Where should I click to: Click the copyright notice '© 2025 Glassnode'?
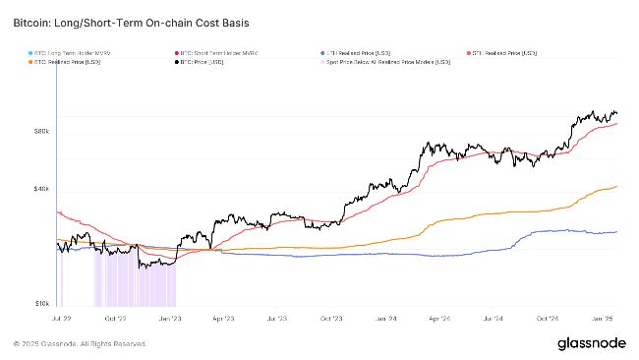[x=81, y=344]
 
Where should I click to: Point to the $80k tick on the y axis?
[x=41, y=130]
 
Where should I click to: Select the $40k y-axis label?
[x=41, y=188]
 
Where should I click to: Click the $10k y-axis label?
[x=41, y=303]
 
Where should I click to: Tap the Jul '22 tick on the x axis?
[x=60, y=319]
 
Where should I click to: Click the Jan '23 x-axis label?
[x=169, y=319]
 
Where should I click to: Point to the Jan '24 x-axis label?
[x=385, y=319]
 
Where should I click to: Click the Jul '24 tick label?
[x=494, y=319]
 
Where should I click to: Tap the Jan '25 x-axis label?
[x=602, y=319]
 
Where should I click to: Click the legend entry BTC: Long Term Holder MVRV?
[x=69, y=51]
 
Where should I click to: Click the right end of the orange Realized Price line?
[x=616, y=187]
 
